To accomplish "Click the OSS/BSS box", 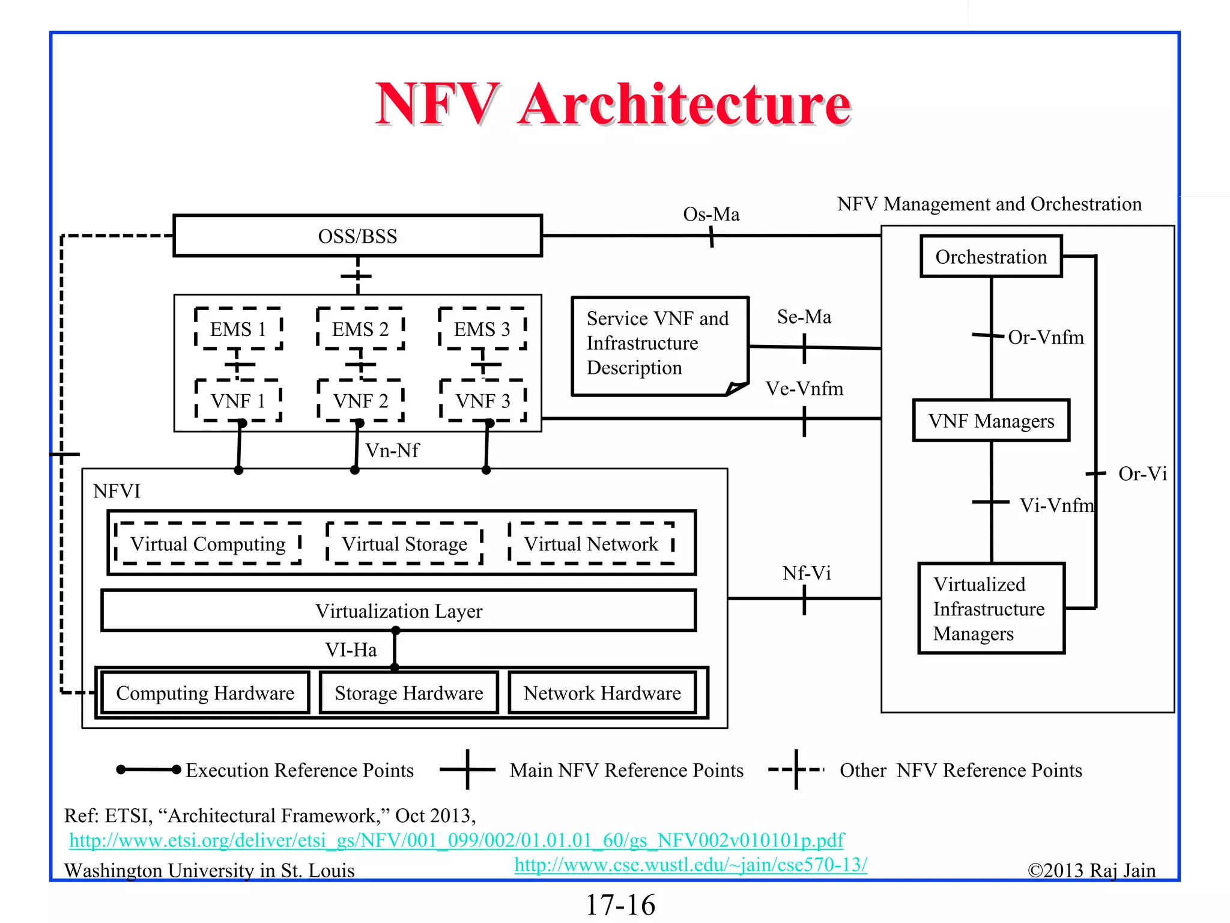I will (357, 236).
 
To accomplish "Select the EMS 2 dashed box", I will (360, 329).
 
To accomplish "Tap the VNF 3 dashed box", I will (483, 400).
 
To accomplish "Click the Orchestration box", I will (991, 257).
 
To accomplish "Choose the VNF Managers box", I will (991, 421).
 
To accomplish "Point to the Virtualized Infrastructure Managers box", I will (991, 608).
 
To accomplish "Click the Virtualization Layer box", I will (399, 611).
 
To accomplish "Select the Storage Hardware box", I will (409, 693).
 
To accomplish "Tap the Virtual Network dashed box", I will (591, 544).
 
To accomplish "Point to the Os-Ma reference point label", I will (711, 215).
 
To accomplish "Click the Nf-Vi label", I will (807, 573).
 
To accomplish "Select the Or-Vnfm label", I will (1046, 337).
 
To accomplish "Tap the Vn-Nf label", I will (392, 450).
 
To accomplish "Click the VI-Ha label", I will (351, 650).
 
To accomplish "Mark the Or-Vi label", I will (1142, 474).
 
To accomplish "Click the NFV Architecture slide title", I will (613, 105).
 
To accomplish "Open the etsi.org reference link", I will (456, 839).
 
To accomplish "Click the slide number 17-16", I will (620, 905).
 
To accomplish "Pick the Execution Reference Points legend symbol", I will (148, 770).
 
